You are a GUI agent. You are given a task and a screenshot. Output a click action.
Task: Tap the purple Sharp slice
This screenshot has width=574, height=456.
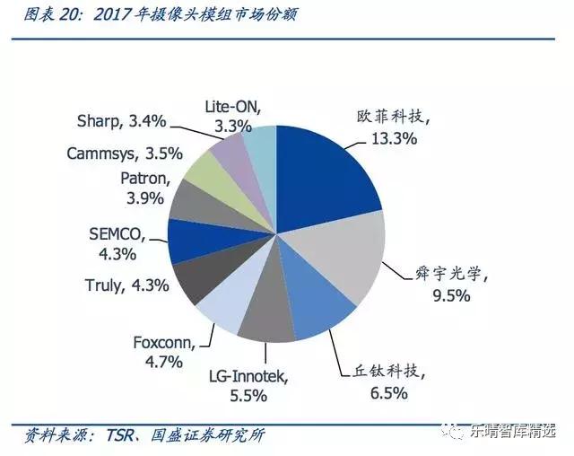(x=232, y=147)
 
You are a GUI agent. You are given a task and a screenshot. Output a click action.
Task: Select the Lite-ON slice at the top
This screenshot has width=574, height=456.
(x=261, y=144)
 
